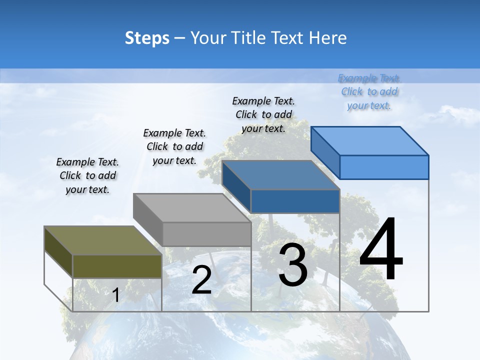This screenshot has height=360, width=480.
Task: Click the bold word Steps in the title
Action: tap(147, 38)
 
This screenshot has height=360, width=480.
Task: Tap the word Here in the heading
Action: tap(328, 38)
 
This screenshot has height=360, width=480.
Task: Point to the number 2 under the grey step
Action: tap(201, 280)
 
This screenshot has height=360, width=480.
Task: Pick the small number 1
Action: tap(116, 295)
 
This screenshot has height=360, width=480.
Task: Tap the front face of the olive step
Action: tap(117, 266)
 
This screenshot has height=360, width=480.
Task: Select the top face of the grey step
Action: tap(192, 208)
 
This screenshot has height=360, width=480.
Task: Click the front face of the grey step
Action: tap(206, 234)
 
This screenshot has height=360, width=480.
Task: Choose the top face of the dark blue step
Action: tap(280, 175)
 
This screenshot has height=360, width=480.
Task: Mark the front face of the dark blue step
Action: tap(295, 201)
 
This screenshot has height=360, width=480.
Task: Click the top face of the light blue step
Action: tap(369, 140)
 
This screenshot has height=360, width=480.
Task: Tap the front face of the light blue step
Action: tap(384, 167)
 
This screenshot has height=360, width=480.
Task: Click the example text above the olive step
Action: tap(87, 175)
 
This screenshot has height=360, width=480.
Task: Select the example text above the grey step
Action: tap(174, 146)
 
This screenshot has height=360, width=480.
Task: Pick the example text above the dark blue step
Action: tap(263, 114)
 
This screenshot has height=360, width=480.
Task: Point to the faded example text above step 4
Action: tap(369, 91)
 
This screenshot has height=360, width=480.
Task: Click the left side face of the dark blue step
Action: tap(236, 186)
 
